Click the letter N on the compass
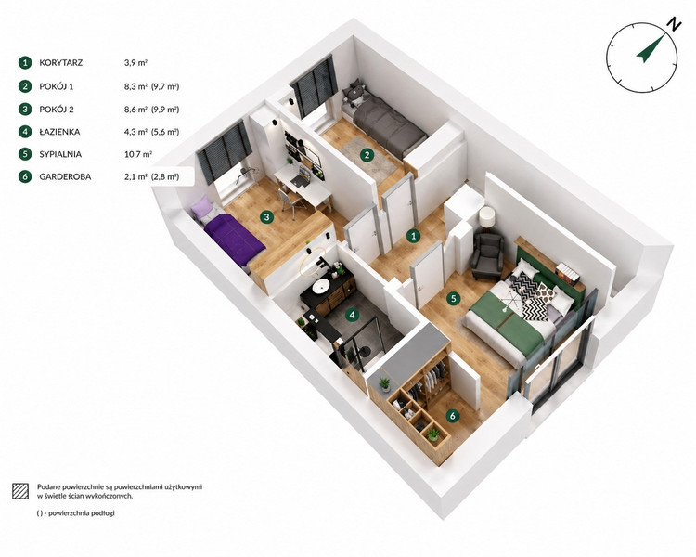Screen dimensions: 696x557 tap(675, 24)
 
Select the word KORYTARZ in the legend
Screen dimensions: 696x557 tap(61, 63)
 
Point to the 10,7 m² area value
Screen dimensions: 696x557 tap(138, 154)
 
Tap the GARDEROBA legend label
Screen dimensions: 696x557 tap(65, 176)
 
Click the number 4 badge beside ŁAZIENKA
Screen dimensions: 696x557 tap(25, 132)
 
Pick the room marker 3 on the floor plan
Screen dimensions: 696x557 tap(266, 217)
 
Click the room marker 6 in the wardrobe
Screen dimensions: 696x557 tap(452, 416)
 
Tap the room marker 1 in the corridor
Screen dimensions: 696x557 tap(414, 236)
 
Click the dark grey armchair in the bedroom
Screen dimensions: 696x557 tap(487, 256)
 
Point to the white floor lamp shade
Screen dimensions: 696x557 tap(487, 216)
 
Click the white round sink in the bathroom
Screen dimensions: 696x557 tap(320, 287)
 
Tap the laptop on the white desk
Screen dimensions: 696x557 tap(303, 176)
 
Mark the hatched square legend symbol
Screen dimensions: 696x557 tap(20, 491)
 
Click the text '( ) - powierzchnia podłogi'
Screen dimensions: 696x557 tap(76, 513)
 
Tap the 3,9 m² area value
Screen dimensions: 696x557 tap(135, 63)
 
